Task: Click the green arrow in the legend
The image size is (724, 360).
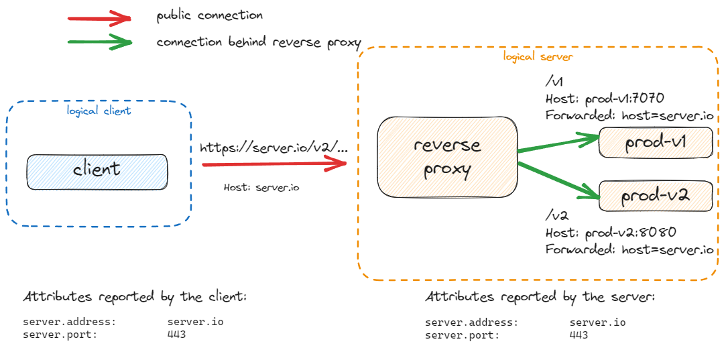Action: click(x=101, y=43)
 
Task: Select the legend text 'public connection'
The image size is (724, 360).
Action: click(x=209, y=15)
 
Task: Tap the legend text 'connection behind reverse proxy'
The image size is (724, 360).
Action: click(x=259, y=42)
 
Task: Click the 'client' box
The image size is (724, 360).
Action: click(x=97, y=171)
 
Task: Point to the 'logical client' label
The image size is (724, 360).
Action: click(x=99, y=111)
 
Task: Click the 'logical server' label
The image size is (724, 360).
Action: click(x=538, y=57)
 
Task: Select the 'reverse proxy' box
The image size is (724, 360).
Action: click(x=447, y=158)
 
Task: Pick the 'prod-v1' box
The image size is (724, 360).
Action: click(x=655, y=143)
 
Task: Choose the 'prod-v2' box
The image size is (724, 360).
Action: click(x=655, y=196)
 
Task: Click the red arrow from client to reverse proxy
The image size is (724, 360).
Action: click(x=278, y=162)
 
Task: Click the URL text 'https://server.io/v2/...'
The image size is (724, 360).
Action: click(x=274, y=147)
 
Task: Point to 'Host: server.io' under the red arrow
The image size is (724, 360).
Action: click(x=261, y=188)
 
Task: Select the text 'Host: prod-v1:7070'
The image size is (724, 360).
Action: click(x=604, y=99)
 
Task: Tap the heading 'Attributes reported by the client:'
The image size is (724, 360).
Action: click(x=135, y=296)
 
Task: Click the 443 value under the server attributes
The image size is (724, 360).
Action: click(x=579, y=335)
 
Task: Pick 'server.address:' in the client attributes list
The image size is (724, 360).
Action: click(x=69, y=322)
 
